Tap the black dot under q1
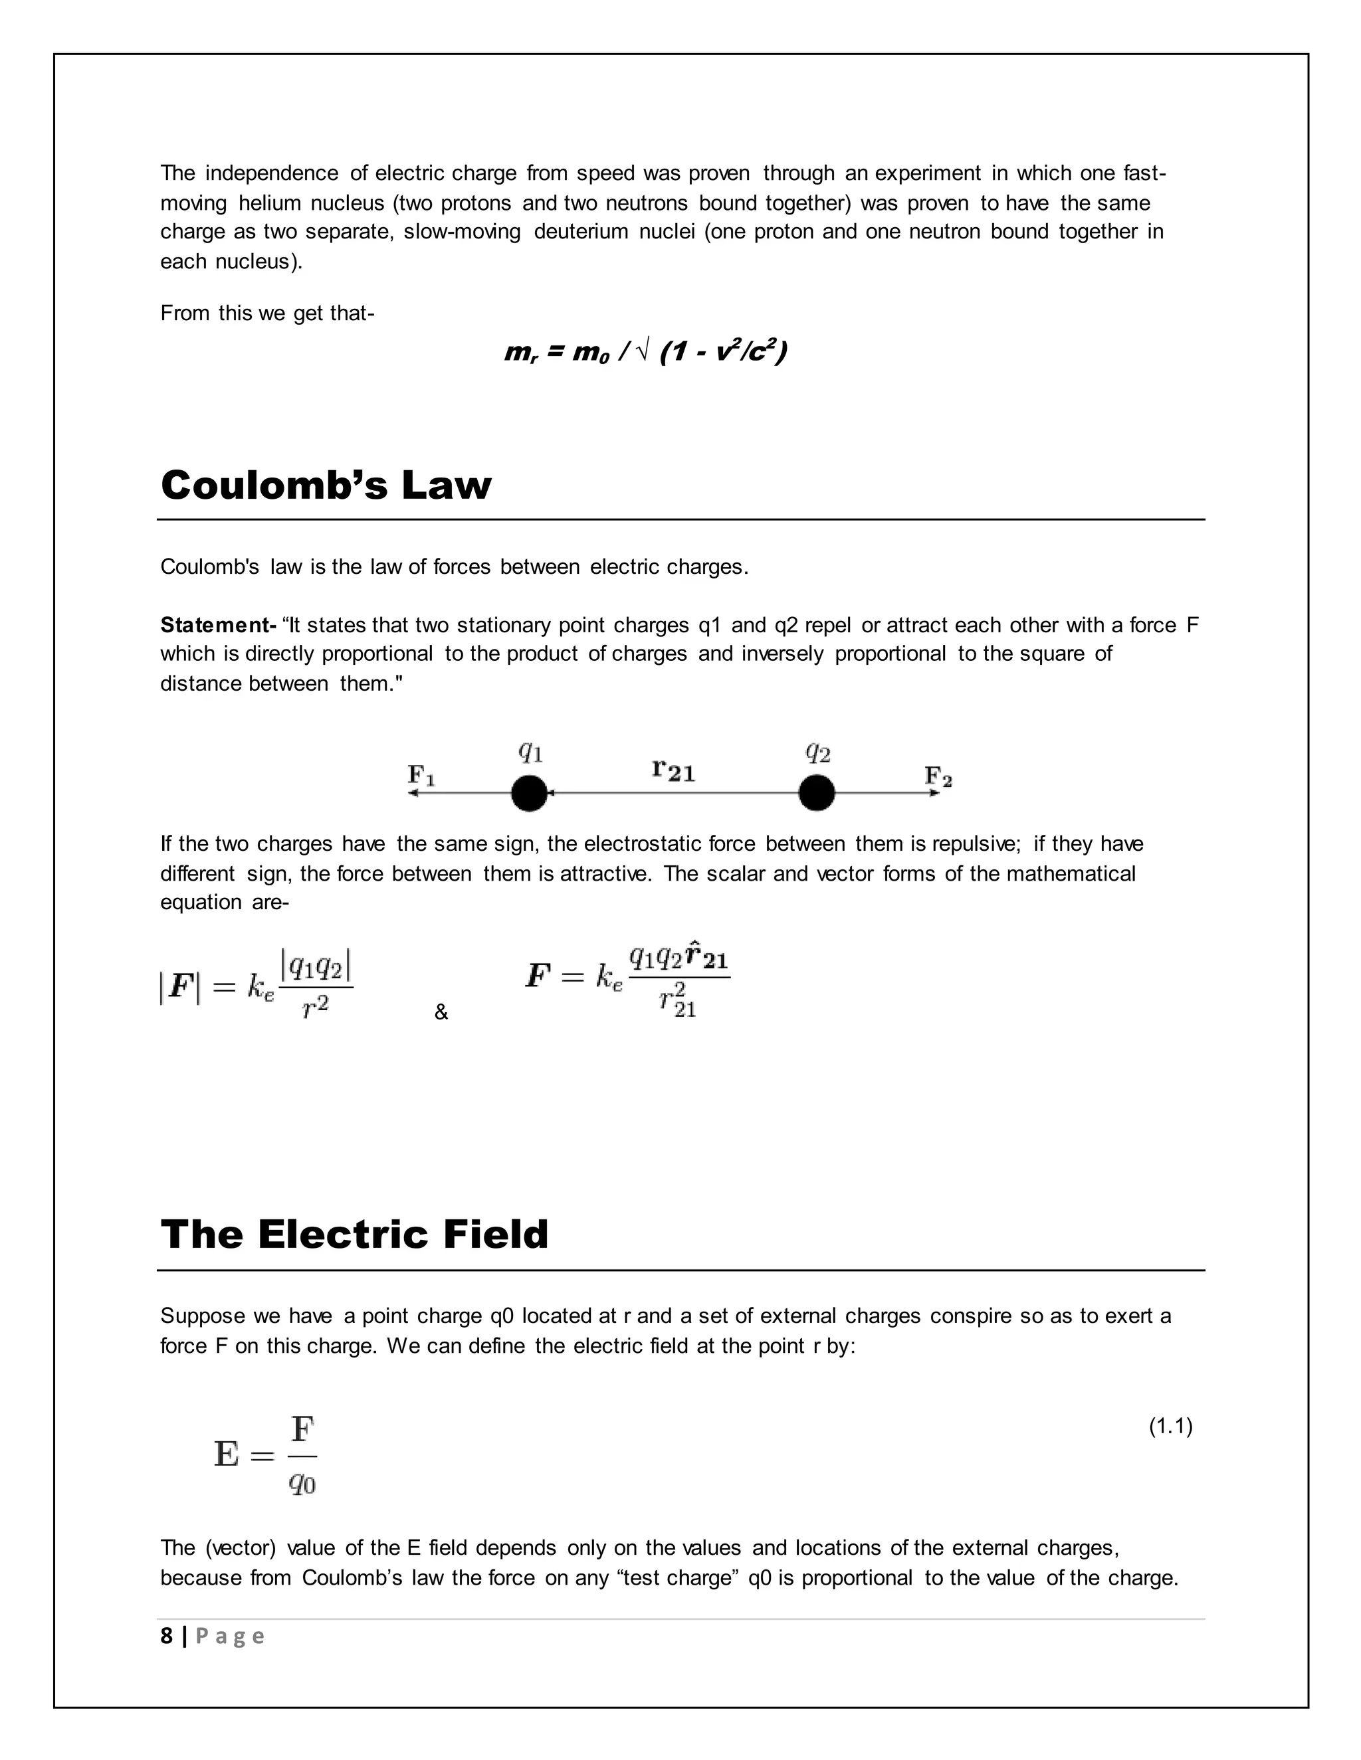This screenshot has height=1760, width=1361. coord(529,793)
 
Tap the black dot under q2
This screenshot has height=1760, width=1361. coord(816,793)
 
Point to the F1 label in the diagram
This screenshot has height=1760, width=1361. coord(421,775)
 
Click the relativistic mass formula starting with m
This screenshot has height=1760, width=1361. coord(645,352)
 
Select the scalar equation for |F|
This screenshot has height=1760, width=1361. coord(257,986)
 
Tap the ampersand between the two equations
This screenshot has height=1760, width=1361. coord(441,1013)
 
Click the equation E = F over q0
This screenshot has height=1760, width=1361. coord(265,1454)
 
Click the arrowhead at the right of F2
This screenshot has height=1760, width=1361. coord(935,793)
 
